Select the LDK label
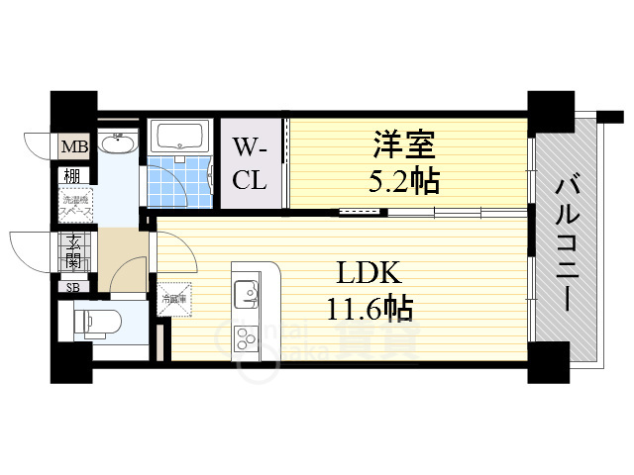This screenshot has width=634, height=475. [x=370, y=272]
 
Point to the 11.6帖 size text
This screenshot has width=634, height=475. [x=370, y=308]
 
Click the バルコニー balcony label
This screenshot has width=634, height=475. [x=567, y=241]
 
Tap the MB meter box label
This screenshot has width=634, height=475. [x=75, y=148]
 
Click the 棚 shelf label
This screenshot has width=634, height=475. [x=73, y=175]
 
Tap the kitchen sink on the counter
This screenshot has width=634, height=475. [x=244, y=293]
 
